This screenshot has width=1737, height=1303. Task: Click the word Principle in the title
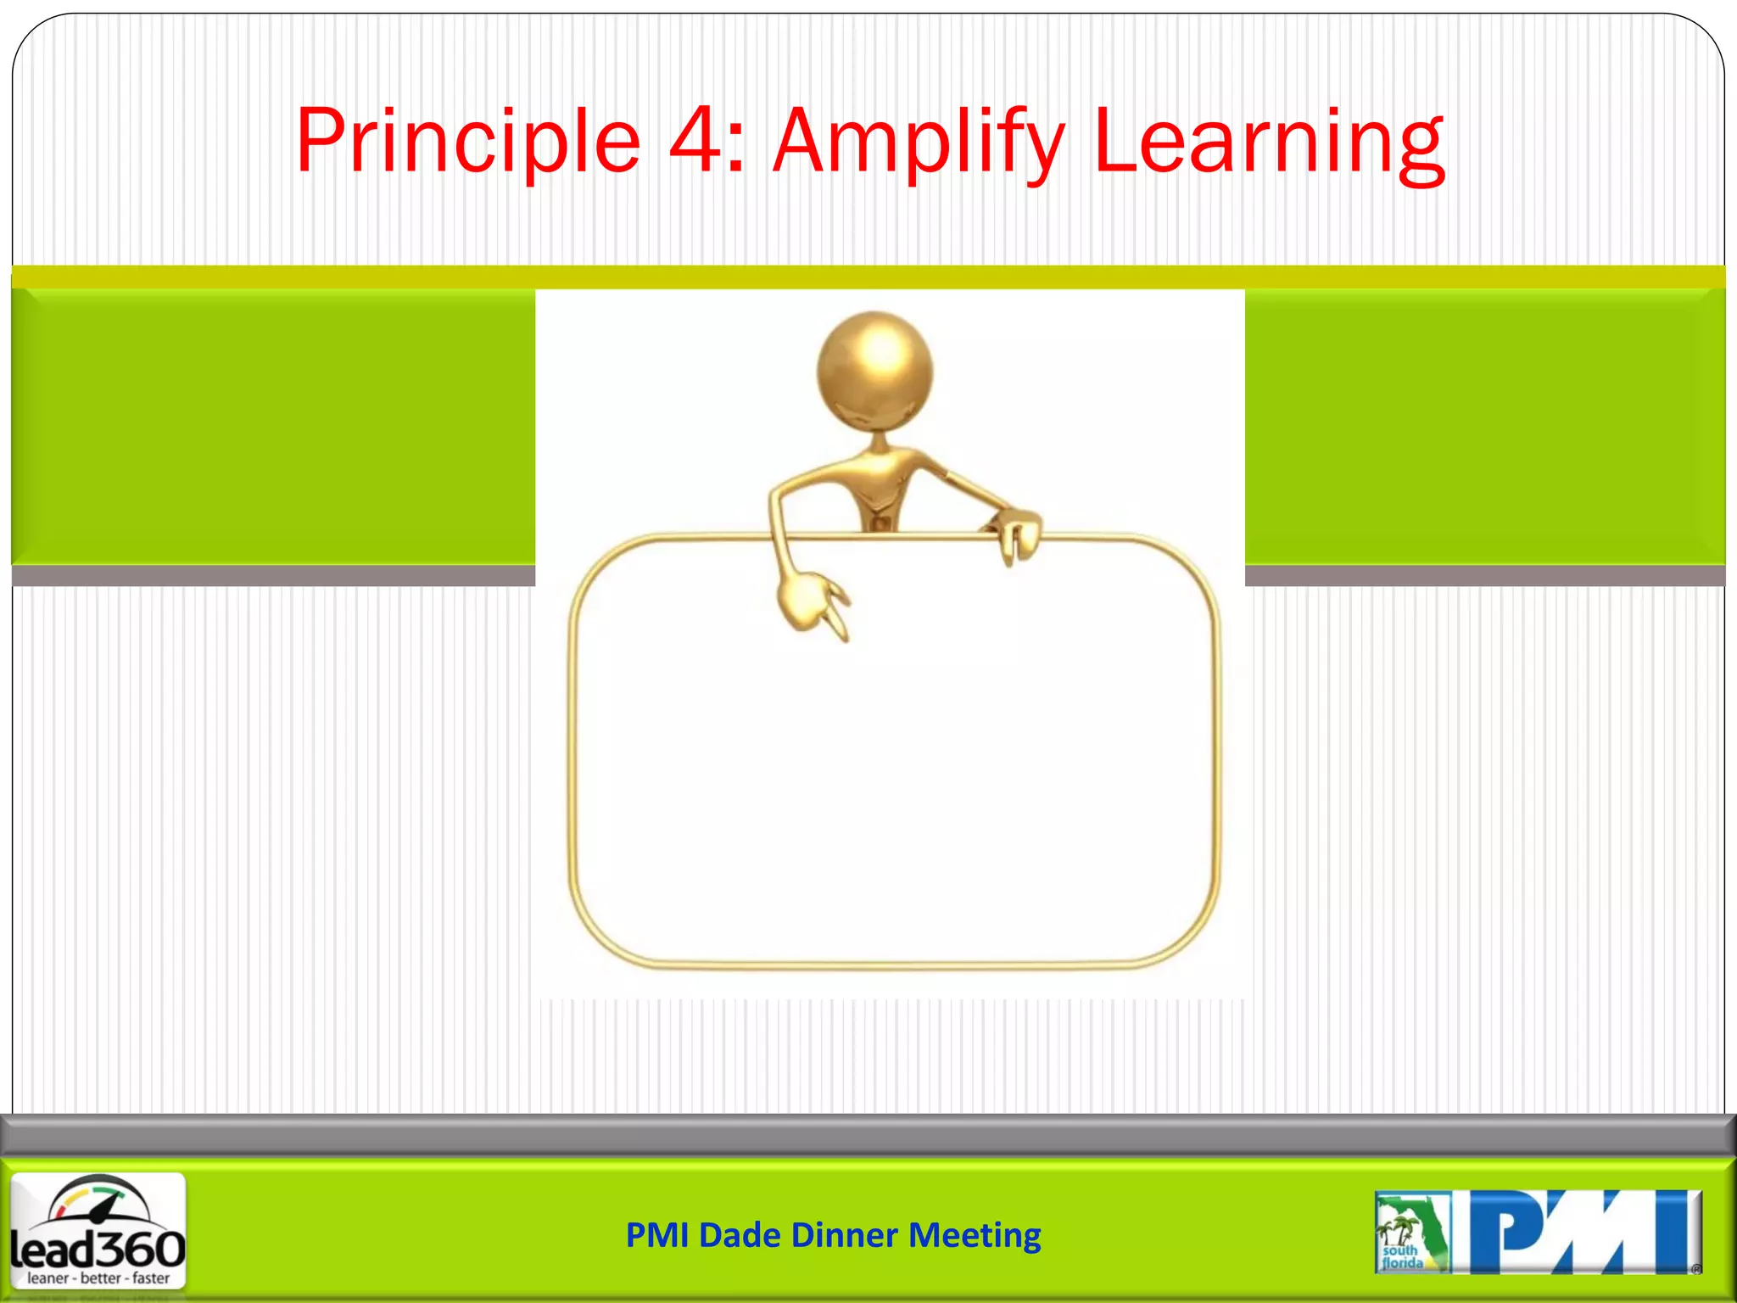(467, 143)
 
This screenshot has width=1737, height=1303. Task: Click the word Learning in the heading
(1269, 143)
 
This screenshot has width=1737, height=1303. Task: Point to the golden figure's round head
(874, 372)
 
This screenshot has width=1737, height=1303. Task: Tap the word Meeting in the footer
(975, 1235)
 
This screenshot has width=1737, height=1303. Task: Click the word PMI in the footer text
(657, 1235)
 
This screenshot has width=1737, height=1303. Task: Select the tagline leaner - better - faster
(98, 1278)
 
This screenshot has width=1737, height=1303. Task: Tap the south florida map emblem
(1411, 1233)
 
